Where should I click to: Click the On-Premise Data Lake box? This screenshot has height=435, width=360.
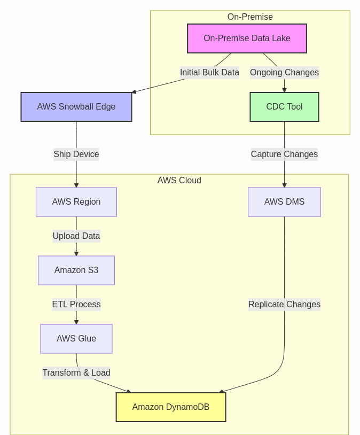click(x=247, y=38)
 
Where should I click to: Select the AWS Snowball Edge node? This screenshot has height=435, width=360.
click(x=76, y=107)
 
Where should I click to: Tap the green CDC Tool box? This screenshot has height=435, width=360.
click(x=284, y=107)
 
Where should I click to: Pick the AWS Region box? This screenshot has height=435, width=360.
click(x=76, y=202)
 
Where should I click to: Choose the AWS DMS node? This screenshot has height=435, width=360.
click(x=284, y=202)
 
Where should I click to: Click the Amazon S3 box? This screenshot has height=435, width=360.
click(x=76, y=270)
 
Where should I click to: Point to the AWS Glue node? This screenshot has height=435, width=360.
click(x=76, y=339)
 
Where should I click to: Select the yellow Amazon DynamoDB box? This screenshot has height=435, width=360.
click(x=171, y=407)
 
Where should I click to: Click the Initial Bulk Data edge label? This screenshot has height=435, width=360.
click(x=209, y=73)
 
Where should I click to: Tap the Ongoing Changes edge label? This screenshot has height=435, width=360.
click(x=284, y=73)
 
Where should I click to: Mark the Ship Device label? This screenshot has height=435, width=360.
click(x=76, y=154)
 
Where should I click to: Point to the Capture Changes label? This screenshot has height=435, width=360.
click(x=284, y=154)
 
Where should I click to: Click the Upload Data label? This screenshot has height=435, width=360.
click(x=76, y=236)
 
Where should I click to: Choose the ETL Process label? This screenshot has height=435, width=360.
click(x=76, y=305)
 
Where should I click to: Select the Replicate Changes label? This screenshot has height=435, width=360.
click(x=284, y=305)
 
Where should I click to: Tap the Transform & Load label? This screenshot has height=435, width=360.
click(x=76, y=373)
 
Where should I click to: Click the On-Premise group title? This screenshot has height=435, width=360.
click(x=250, y=17)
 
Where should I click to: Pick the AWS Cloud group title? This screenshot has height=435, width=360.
click(x=179, y=181)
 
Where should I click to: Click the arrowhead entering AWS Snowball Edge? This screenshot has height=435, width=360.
click(x=134, y=92)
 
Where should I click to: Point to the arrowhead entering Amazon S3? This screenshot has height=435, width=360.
click(x=76, y=253)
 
